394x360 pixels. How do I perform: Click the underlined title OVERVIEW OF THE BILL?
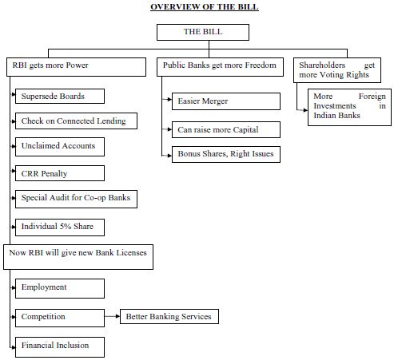tap(205, 7)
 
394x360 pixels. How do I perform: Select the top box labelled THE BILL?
tap(203, 32)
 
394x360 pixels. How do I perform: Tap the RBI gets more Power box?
tap(76, 67)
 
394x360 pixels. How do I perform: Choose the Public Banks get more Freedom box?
tap(220, 67)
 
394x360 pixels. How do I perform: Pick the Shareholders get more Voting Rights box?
tap(337, 70)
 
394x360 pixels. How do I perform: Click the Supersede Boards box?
tap(60, 97)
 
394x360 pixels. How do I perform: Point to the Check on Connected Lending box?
tap(76, 121)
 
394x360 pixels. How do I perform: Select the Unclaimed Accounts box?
tap(60, 147)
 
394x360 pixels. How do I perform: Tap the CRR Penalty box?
tap(60, 173)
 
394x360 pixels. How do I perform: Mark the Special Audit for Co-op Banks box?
tap(76, 199)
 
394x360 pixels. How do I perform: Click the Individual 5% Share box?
tap(60, 227)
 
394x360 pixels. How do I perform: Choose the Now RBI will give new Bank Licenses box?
tap(78, 257)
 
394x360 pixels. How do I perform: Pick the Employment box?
tap(60, 288)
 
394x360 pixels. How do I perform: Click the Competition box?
tap(60, 318)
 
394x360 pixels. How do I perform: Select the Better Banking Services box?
tap(169, 316)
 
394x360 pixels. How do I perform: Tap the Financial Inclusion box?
tap(60, 347)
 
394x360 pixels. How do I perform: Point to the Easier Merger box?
tap(226, 101)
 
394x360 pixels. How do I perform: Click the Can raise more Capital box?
tap(226, 130)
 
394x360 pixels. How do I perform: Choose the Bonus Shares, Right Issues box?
tap(226, 154)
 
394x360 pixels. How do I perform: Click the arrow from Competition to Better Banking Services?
tap(112, 316)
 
